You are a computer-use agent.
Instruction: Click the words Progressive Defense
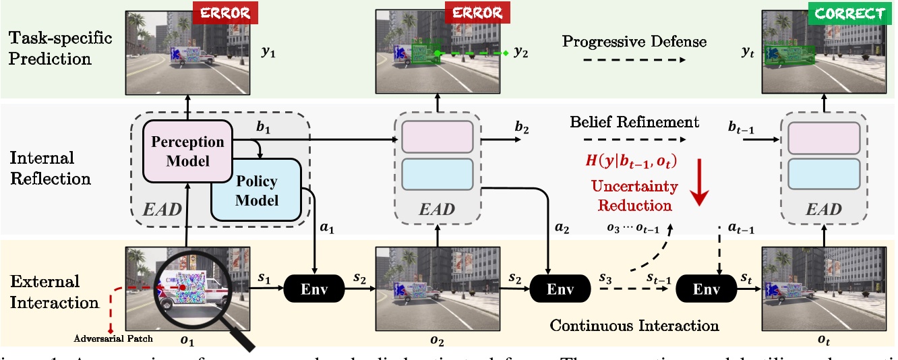634,42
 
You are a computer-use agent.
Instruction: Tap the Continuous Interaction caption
634,326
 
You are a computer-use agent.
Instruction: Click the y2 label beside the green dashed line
520,52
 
